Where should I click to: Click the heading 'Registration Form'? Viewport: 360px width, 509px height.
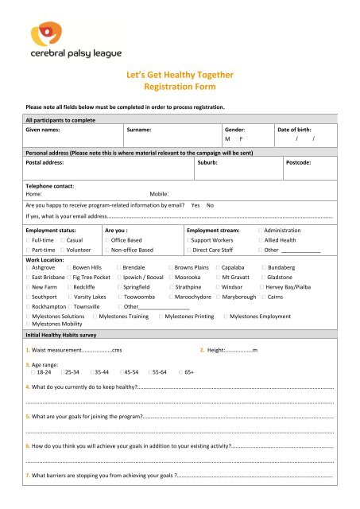pos(179,87)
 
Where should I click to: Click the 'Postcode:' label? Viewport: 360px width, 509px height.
pos(304,161)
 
